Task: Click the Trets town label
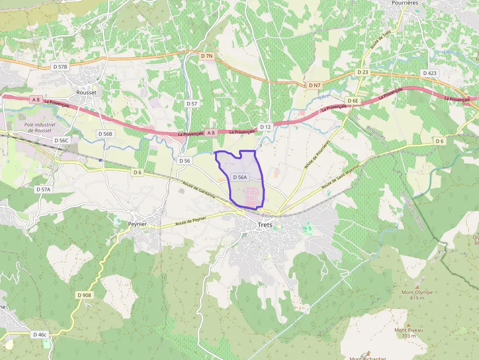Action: click(x=265, y=225)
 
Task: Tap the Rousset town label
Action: click(x=87, y=92)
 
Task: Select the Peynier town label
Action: click(x=137, y=224)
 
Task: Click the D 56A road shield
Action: click(x=240, y=177)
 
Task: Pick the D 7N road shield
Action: click(x=207, y=56)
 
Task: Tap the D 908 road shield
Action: click(x=84, y=295)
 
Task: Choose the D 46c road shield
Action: click(x=40, y=335)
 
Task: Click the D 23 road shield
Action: click(x=363, y=72)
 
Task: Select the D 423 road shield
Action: click(x=429, y=73)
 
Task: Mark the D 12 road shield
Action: click(x=265, y=127)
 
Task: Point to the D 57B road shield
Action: click(x=61, y=66)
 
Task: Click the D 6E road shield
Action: click(x=352, y=101)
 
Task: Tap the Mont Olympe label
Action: click(x=417, y=292)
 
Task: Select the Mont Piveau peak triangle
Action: click(x=409, y=325)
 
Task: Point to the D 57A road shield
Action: click(x=43, y=189)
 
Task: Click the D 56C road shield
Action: click(x=62, y=140)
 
